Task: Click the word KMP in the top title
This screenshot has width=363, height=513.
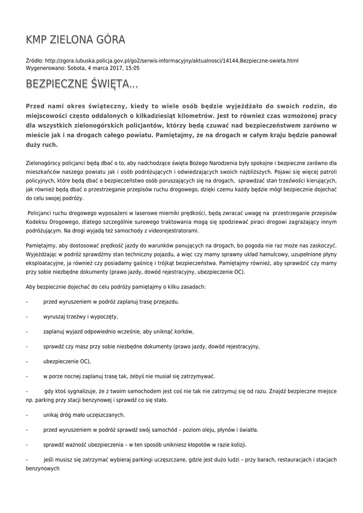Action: (37, 40)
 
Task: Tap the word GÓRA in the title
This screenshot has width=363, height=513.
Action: (108, 40)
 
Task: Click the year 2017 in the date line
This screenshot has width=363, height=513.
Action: (112, 68)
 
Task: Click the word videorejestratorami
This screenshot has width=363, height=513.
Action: (172, 231)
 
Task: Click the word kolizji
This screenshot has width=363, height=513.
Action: (236, 444)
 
